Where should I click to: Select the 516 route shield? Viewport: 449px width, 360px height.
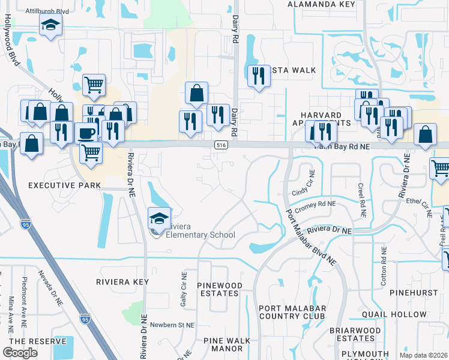pyautogui.click(x=221, y=145)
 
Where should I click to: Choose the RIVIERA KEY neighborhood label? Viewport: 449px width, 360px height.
pyautogui.click(x=122, y=281)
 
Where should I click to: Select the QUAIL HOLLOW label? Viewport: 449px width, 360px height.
pyautogui.click(x=394, y=314)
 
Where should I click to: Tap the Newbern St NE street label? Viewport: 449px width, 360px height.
pyautogui.click(x=173, y=325)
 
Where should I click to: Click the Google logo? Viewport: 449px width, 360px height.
pyautogui.click(x=20, y=353)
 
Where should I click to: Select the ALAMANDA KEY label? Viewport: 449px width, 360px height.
pyautogui.click(x=322, y=4)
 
